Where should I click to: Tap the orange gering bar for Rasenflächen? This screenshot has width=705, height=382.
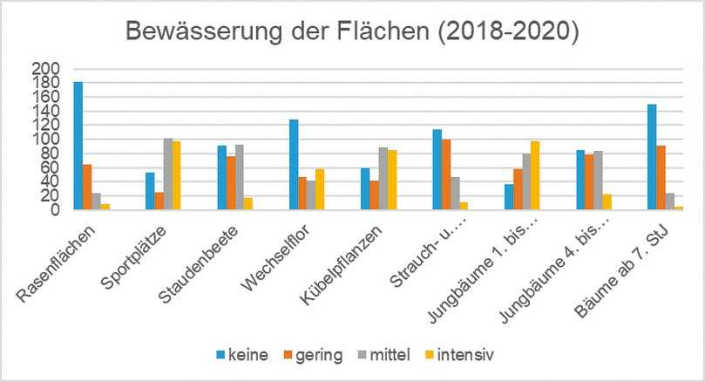pos(87,187)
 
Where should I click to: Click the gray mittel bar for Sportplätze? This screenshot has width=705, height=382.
pos(168,174)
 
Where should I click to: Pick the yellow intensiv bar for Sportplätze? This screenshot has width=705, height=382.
pos(177,175)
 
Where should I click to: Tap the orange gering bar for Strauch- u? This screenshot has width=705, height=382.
pos(446,174)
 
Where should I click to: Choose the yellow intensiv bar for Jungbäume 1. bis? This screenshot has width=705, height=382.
pos(535,175)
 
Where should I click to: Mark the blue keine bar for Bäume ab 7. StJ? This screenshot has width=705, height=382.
pos(652,157)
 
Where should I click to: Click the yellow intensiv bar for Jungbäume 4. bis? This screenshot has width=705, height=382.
pos(607,202)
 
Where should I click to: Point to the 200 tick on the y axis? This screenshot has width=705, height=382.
pos(46,69)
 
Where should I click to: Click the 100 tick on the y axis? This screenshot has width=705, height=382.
pos(46,140)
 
